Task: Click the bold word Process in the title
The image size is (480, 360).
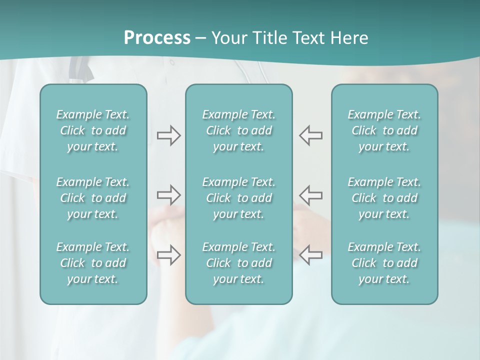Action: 157,38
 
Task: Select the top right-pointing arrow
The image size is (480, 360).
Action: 169,135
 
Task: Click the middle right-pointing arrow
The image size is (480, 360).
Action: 169,194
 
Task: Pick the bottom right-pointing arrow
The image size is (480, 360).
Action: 169,255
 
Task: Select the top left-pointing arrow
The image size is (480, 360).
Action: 310,135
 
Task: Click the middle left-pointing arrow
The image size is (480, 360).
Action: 310,194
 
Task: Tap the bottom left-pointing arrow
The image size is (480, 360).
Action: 310,255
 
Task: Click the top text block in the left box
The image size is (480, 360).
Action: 93,130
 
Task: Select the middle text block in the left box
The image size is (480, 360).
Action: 93,198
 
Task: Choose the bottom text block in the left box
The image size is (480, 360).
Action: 93,263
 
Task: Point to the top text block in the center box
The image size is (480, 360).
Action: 239,130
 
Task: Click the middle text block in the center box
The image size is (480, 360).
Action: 239,198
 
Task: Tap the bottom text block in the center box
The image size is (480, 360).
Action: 239,263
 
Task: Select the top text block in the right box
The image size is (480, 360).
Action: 384,130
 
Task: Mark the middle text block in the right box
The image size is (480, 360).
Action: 384,198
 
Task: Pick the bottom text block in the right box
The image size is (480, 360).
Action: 384,263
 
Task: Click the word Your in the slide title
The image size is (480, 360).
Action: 227,38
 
